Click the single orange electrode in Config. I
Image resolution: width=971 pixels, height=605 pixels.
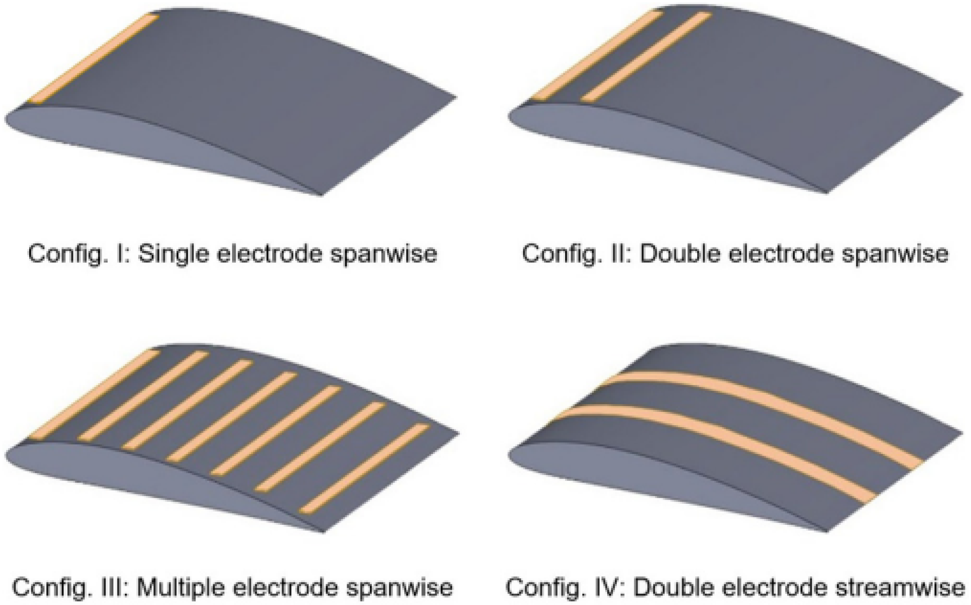coord(92,59)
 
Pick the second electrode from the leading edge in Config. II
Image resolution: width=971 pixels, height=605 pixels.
coord(646,57)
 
